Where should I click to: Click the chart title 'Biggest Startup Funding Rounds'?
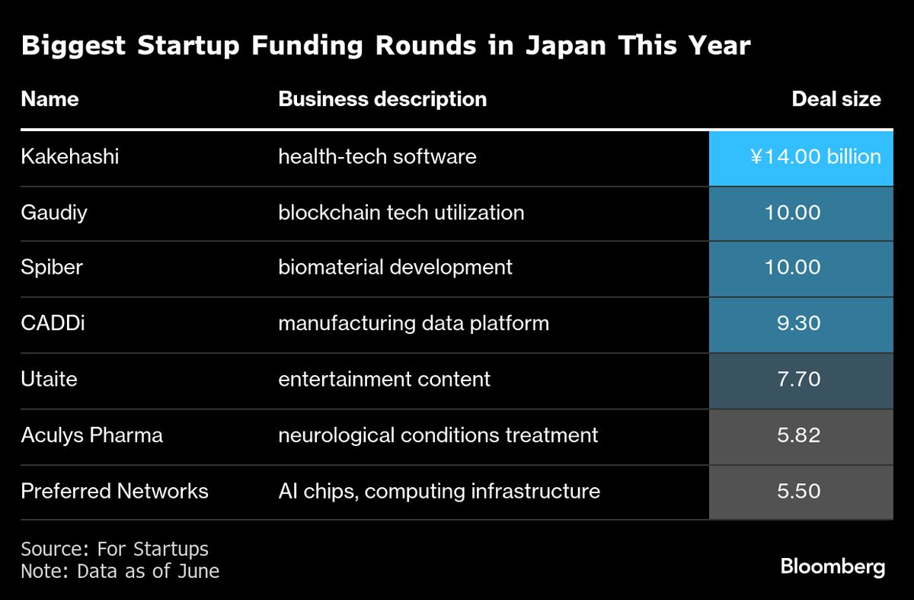(385, 46)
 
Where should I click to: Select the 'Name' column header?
(50, 99)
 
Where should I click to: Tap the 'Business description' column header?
(382, 99)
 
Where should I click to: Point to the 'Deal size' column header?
(836, 99)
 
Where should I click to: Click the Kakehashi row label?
(70, 157)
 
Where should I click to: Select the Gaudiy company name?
(54, 212)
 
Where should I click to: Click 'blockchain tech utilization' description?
(401, 212)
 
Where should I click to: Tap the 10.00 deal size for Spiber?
(792, 268)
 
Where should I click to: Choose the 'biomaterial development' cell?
(395, 268)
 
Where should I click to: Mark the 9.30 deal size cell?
(798, 323)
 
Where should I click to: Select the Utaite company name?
(50, 379)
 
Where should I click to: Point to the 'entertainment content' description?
(384, 379)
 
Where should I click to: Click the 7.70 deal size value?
(798, 379)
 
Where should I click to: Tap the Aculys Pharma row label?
(91, 435)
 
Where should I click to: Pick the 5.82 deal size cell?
(798, 435)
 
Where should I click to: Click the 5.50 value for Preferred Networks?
(798, 491)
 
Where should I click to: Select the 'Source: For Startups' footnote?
(114, 549)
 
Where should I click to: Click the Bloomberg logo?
(833, 567)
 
